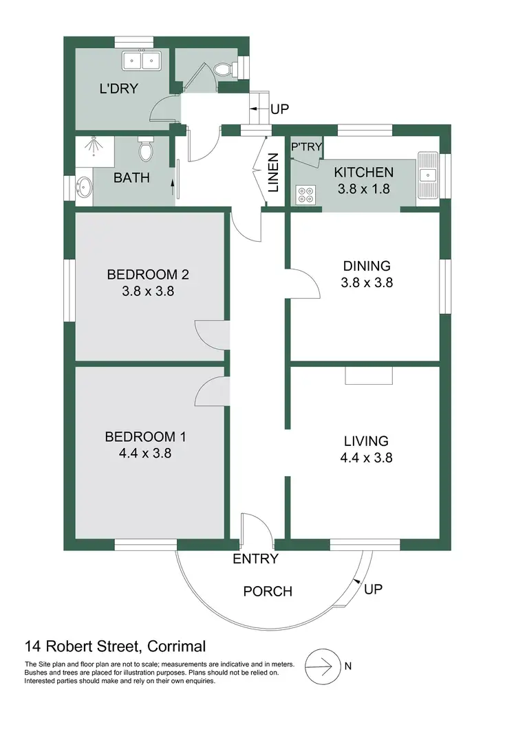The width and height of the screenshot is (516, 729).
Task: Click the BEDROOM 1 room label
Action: (144, 436)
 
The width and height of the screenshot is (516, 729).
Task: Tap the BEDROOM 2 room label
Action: (147, 275)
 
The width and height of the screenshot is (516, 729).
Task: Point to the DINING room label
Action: (367, 266)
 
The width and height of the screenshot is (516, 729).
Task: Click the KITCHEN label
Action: (363, 172)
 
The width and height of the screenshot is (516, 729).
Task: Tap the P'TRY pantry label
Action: (306, 147)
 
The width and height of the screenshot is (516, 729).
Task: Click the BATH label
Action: (131, 178)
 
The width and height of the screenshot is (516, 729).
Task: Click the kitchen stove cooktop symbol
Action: (305, 195)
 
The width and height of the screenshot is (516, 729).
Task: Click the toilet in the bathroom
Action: (145, 148)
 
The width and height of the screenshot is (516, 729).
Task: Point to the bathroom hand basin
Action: (85, 187)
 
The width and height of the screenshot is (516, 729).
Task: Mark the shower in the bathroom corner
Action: (92, 147)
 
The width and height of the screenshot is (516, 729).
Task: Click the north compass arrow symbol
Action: (323, 665)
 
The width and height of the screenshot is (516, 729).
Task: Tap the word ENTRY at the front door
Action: (256, 559)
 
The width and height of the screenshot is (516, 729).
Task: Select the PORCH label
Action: (268, 591)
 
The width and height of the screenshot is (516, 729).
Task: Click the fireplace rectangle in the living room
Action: (369, 374)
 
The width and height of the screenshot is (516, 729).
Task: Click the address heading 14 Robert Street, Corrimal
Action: (115, 646)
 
